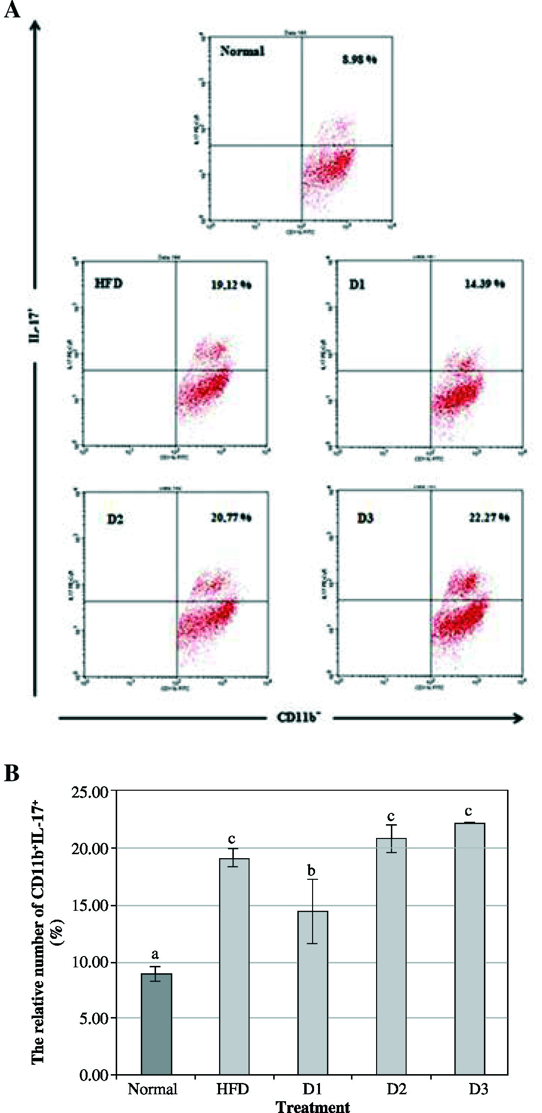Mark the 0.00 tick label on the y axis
94,1075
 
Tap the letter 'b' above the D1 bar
311,871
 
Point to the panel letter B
12,773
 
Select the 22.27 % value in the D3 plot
489,518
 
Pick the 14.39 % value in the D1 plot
485,284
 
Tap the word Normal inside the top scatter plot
242,51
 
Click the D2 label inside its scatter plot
115,519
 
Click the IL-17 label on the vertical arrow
34,325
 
